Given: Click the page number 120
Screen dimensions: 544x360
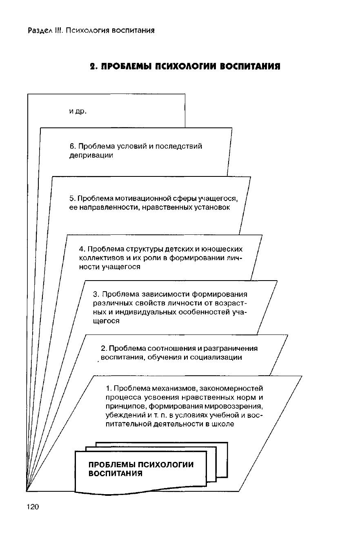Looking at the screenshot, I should point(32,507).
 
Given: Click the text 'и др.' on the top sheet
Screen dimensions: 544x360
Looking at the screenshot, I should point(78,111).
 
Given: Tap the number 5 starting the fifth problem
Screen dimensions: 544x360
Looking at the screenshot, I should point(71,198).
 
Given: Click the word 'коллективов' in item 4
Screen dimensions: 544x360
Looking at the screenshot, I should point(98,258).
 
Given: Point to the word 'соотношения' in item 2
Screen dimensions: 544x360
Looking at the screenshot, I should point(167,348).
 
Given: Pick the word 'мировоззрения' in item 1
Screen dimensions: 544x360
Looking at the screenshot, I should point(233,406).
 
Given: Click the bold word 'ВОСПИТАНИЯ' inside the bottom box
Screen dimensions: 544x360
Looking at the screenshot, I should point(116,474).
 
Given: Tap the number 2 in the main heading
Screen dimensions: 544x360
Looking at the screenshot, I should point(93,66).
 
